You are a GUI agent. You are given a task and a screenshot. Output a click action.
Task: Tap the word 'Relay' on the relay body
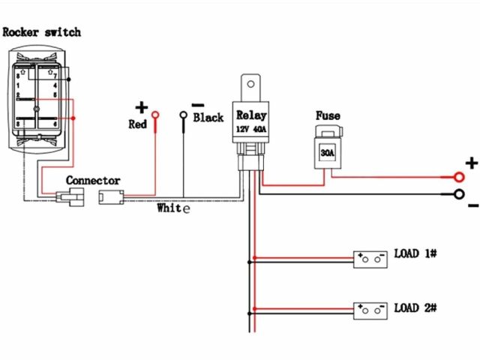coord(251,115)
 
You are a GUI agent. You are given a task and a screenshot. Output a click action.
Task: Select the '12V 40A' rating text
coord(251,128)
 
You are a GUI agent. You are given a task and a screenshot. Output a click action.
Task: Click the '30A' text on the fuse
coord(328,152)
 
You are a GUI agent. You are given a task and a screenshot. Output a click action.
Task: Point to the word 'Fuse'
coord(328,116)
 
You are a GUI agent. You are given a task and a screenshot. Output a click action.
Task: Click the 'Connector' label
coord(93,181)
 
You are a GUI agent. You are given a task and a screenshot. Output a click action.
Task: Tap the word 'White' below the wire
coord(173,208)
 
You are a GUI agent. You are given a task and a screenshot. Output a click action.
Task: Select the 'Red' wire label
coord(137,124)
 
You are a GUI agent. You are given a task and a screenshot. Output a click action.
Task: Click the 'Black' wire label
coord(208,118)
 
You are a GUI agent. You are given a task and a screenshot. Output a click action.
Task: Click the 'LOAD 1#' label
coord(415,253)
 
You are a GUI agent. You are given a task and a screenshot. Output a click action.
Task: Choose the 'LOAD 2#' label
coord(415,307)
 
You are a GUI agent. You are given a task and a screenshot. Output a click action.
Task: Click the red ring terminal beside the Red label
coord(156,115)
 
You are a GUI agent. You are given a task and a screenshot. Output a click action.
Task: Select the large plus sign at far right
coord(472,163)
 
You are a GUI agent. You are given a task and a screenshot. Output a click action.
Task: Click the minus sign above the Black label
coord(198,105)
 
